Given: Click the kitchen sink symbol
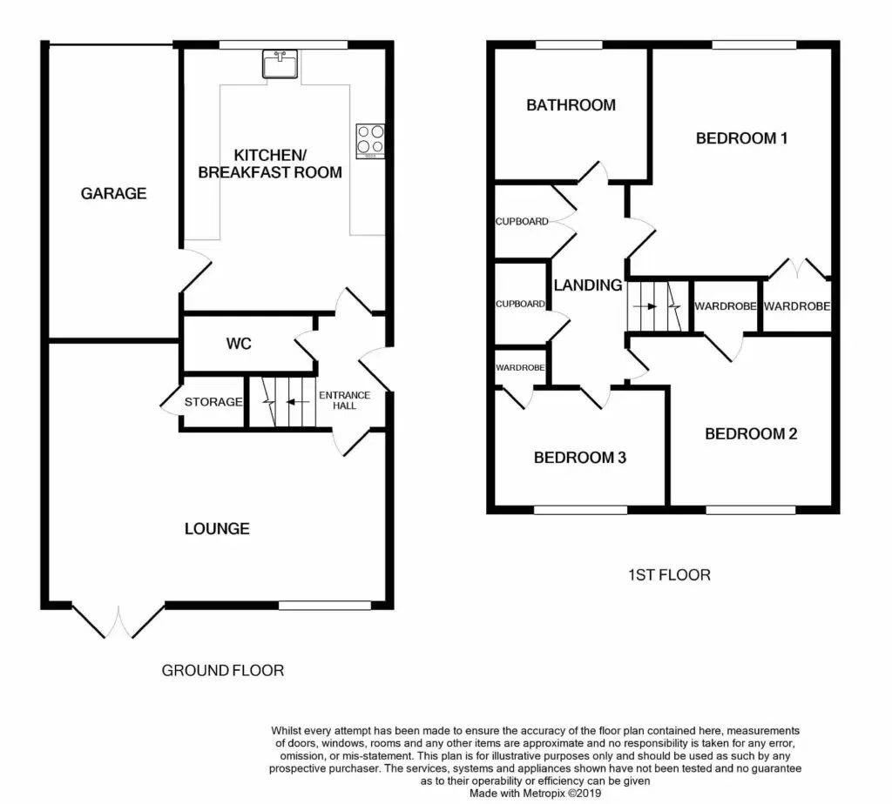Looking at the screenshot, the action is (280, 64).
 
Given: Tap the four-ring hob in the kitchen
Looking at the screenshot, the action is (370, 141).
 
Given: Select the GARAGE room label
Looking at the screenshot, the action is (114, 194).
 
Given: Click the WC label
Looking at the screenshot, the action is (239, 343).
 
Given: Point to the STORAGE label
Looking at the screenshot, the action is (213, 402).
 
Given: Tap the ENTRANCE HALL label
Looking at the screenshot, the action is (345, 400).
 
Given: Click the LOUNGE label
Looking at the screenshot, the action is (217, 529).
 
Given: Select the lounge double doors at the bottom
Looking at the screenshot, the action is (118, 620).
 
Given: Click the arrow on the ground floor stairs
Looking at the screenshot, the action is (298, 402).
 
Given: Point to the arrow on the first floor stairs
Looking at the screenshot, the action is (645, 306).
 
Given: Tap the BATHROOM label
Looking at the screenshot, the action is (571, 105).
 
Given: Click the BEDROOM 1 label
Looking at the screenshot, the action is (742, 138).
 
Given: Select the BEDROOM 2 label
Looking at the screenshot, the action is (751, 434).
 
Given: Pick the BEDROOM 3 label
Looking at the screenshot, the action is (579, 458).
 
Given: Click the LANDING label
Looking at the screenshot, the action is (588, 285).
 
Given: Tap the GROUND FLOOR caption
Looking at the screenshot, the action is (222, 671).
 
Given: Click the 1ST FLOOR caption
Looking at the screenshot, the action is (669, 575).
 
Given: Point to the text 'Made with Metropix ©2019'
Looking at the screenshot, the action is (536, 794).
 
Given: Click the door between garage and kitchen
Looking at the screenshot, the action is (196, 271).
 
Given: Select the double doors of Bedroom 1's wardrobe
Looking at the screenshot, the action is (798, 269).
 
